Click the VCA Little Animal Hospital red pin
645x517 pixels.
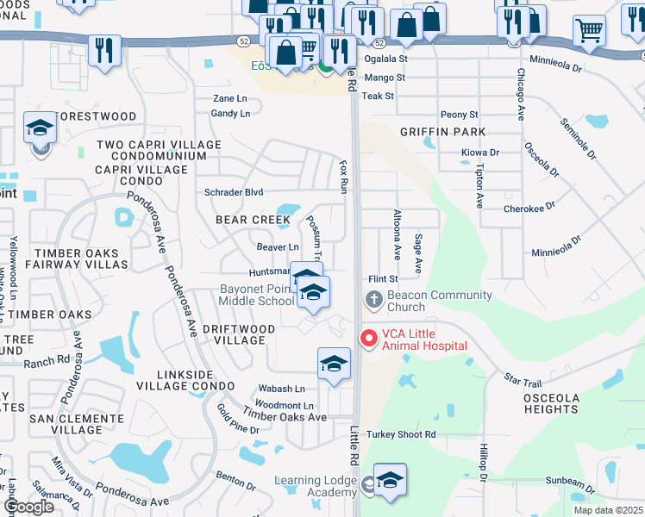pos(369,338)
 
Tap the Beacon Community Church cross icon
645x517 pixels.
pos(373,300)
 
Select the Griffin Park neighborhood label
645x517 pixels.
pos(442,132)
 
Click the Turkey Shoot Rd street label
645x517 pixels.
pos(400,434)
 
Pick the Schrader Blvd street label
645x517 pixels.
pos(234,192)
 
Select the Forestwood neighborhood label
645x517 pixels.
pos(95,116)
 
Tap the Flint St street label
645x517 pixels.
pos(383,279)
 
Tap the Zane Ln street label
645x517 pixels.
pos(229,99)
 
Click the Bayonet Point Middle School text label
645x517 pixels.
pos(244,295)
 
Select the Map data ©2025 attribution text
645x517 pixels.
pos(608,510)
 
